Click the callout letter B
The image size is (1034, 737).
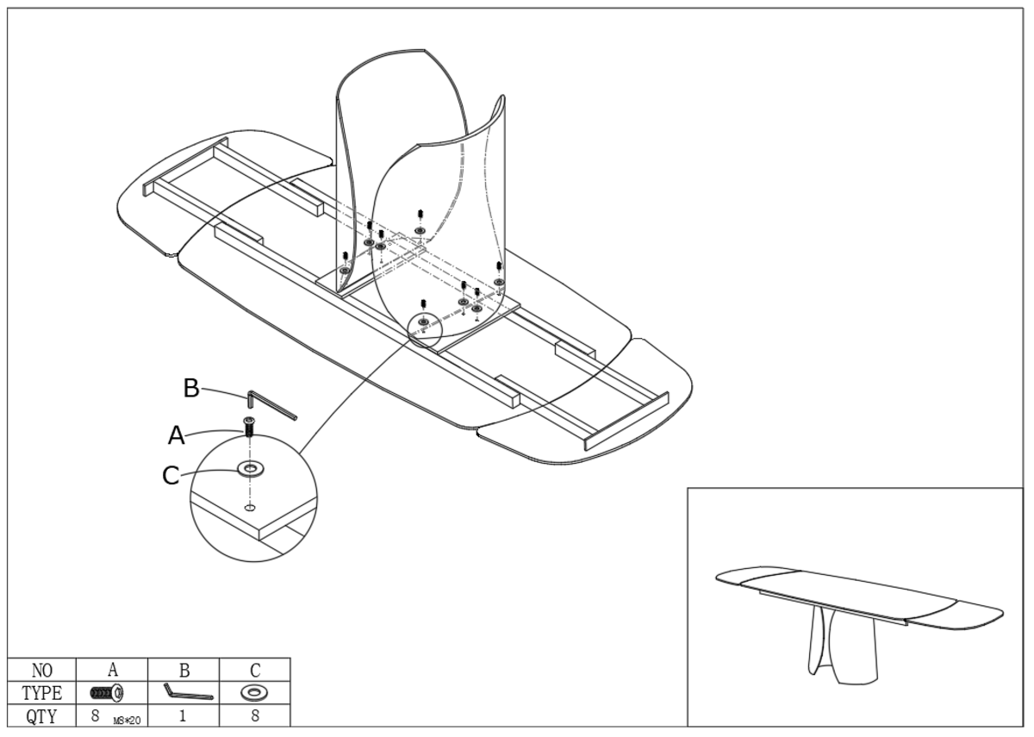[x=191, y=389]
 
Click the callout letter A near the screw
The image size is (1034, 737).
[x=176, y=437]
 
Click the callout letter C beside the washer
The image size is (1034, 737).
[x=172, y=475]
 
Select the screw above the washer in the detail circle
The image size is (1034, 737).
[x=250, y=427]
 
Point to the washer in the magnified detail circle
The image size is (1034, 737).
[x=252, y=468]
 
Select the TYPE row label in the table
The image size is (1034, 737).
[x=42, y=692]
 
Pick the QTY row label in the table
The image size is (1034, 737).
[x=42, y=714]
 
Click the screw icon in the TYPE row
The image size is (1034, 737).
[x=105, y=692]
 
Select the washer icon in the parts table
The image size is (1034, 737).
[x=254, y=692]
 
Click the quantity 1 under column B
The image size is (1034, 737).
[x=184, y=715]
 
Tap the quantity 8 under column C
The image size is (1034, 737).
[x=255, y=715]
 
